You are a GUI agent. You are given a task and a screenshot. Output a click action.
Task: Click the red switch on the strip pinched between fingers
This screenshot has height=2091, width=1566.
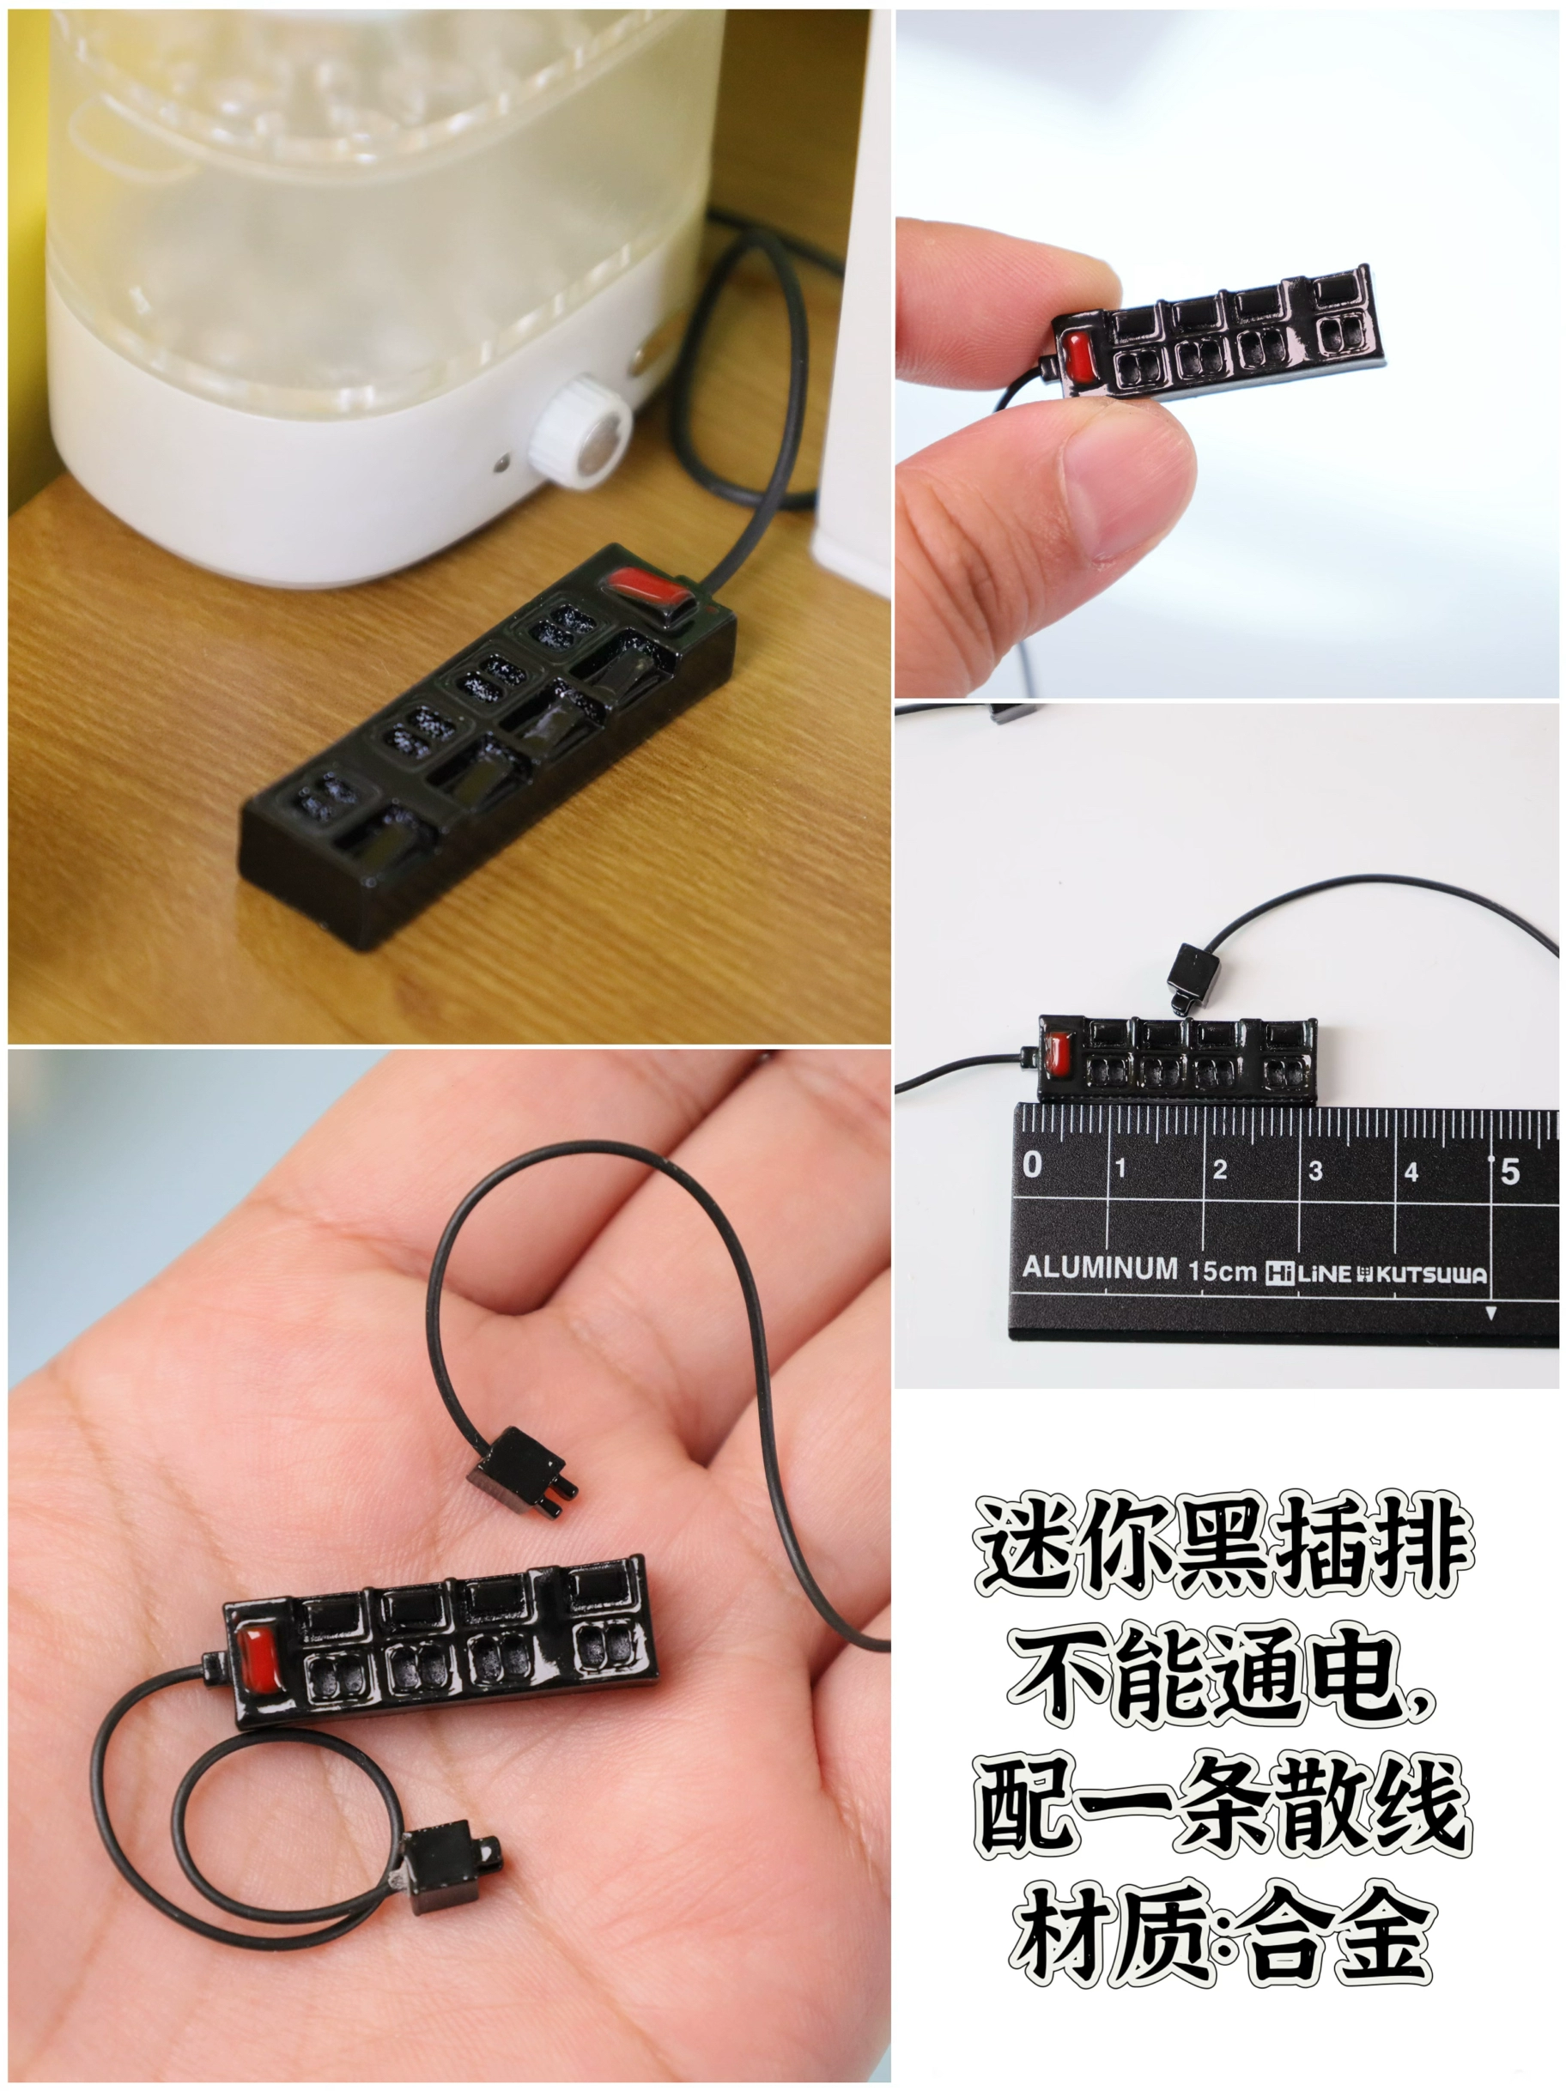click(1076, 353)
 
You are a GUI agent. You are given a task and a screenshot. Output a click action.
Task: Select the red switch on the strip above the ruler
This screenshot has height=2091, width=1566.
click(1055, 1053)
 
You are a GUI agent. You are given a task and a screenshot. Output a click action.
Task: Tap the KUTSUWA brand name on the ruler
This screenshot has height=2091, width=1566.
click(1429, 1276)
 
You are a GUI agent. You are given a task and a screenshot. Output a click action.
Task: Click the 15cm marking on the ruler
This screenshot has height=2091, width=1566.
click(1223, 1270)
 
